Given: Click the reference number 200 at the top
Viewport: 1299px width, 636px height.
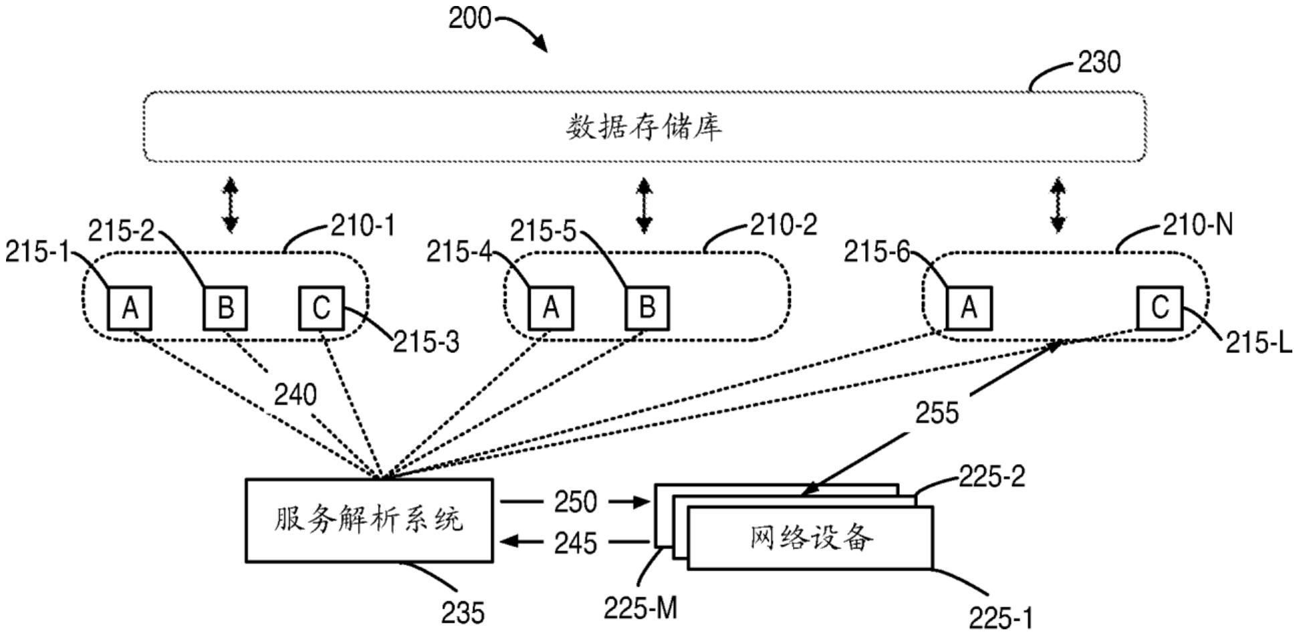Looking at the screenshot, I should click(469, 18).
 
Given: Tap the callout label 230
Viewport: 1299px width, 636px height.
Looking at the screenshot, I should click(1100, 63).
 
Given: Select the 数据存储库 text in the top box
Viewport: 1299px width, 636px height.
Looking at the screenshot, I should click(644, 127).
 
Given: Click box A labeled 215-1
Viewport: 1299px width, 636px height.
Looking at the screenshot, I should click(130, 308).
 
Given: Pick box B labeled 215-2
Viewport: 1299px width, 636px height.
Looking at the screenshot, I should click(226, 308).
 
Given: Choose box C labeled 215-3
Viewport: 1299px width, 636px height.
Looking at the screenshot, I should click(322, 308).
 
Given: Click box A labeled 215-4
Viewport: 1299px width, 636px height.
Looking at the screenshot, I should click(551, 308).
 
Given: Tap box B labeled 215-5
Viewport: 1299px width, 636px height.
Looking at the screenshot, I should click(647, 308).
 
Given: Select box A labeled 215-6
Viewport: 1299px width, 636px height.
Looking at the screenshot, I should click(969, 308).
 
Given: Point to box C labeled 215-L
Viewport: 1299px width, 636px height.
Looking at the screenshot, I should click(1160, 308).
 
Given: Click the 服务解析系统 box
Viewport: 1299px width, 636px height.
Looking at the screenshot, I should click(369, 520).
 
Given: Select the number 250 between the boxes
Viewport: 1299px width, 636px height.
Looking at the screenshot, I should click(575, 502).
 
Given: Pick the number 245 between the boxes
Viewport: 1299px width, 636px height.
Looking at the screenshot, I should click(575, 542).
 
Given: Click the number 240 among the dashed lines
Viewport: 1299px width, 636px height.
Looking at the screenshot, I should click(295, 395).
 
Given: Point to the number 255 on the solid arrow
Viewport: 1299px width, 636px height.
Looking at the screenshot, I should click(937, 413).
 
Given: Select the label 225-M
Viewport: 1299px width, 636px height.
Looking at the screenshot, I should click(640, 608).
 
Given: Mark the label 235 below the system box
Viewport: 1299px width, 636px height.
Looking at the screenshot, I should click(463, 613).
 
